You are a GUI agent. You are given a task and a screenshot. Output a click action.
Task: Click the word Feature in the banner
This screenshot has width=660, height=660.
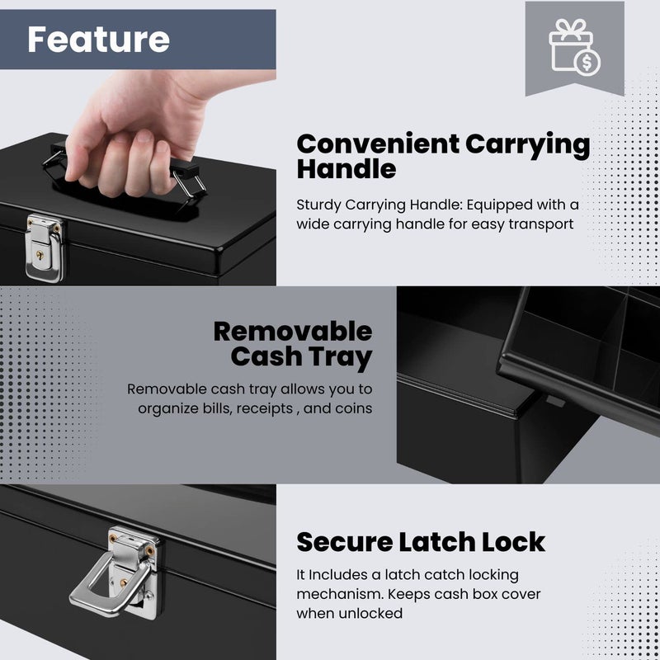(x=98, y=40)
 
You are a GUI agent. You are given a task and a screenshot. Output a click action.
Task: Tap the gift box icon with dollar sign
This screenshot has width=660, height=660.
(x=574, y=49)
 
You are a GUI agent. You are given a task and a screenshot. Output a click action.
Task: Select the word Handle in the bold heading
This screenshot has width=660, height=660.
(x=346, y=170)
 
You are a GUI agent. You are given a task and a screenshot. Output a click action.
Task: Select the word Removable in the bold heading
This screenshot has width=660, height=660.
(x=293, y=332)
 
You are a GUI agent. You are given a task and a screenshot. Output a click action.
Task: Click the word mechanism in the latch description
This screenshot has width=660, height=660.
(x=337, y=593)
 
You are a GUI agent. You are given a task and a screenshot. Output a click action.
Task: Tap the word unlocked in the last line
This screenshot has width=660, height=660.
(x=372, y=613)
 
